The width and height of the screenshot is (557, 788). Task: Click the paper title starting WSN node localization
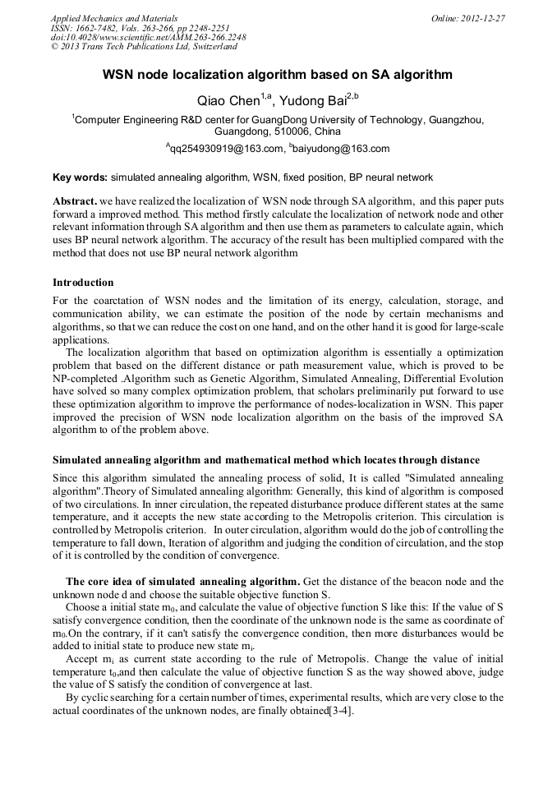[278, 75]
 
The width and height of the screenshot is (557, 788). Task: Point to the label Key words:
[80, 177]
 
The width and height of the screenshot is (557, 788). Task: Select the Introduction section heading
[83, 283]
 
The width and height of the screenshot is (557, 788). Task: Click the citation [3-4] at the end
[340, 710]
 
